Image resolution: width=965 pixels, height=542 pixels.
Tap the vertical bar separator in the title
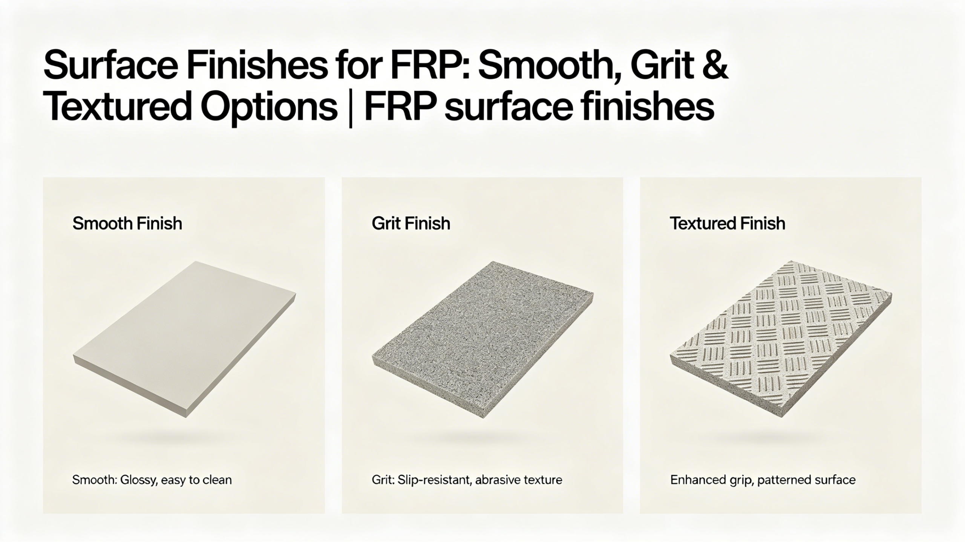pyautogui.click(x=351, y=107)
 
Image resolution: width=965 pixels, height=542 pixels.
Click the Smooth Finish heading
pyautogui.click(x=127, y=224)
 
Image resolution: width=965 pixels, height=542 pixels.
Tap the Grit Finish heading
pyautogui.click(x=411, y=224)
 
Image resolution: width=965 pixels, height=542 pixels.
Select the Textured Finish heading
pyautogui.click(x=728, y=224)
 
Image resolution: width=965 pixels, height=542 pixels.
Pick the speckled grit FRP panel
pyautogui.click(x=482, y=339)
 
